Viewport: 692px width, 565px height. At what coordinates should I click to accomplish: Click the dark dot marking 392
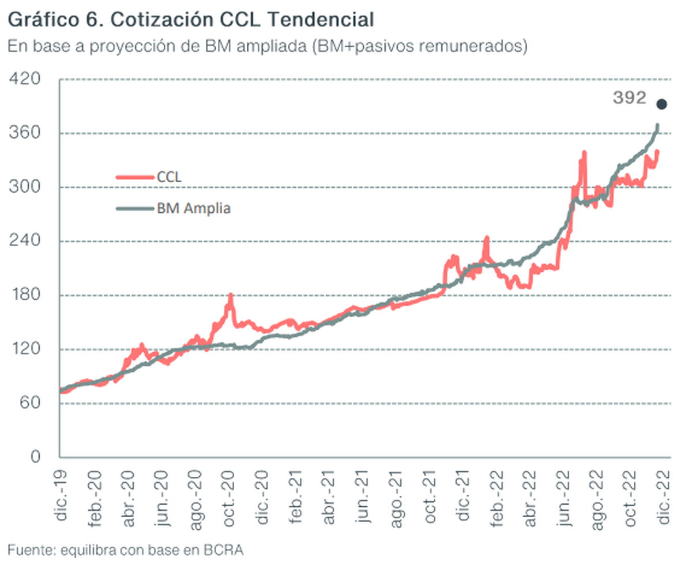coord(661,104)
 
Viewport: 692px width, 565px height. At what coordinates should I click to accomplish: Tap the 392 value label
coord(629,99)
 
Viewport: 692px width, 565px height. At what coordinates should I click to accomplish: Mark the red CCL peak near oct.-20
coord(231,295)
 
